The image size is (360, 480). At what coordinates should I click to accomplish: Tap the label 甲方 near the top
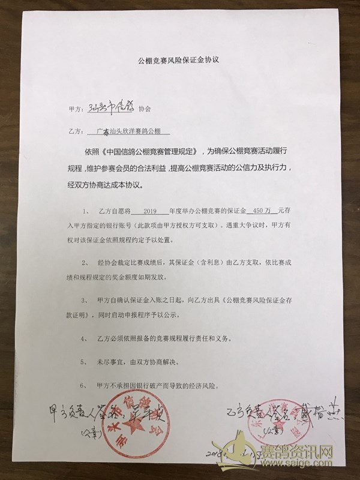[x=76, y=110]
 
